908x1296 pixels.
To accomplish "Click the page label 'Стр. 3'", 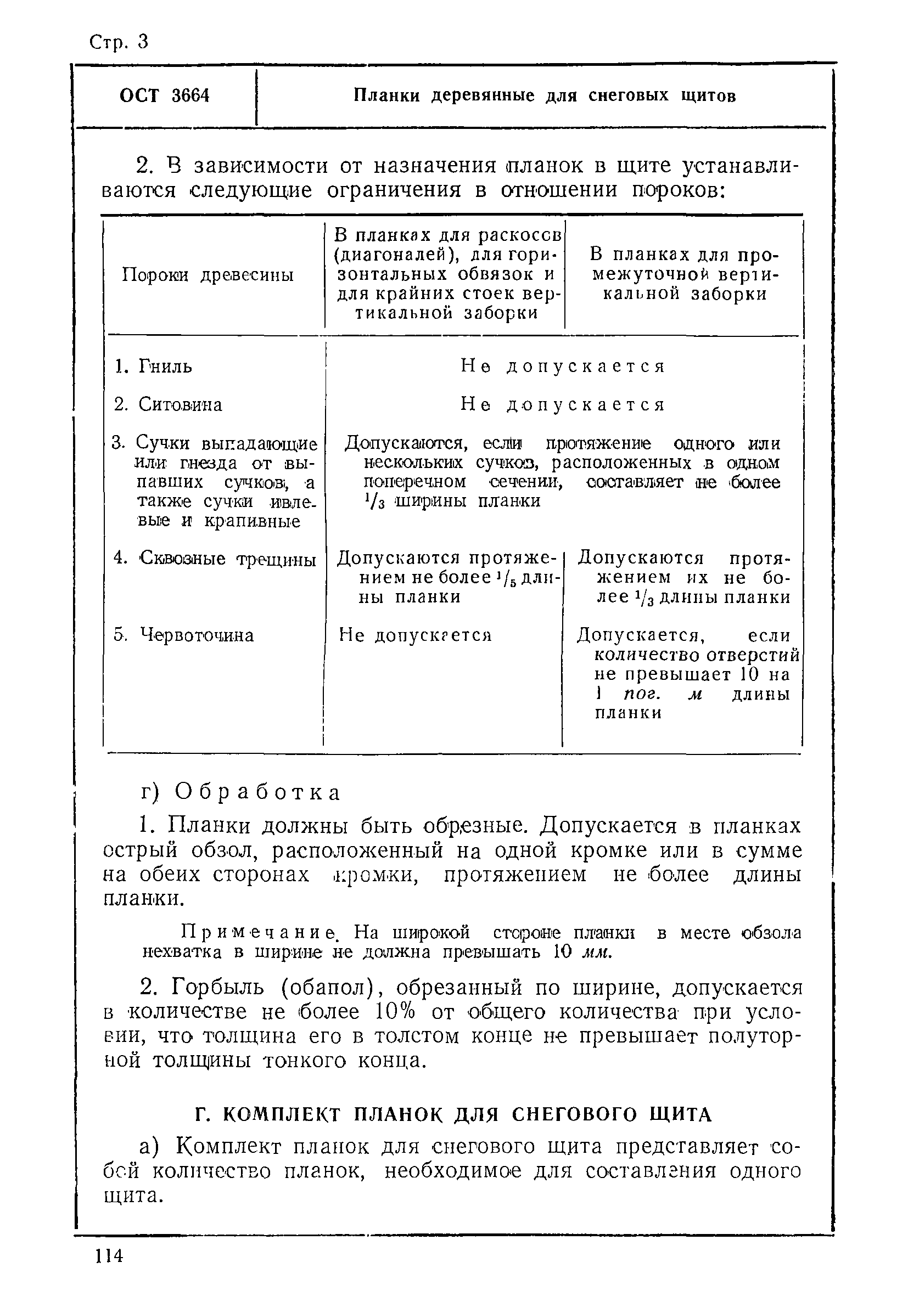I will pyautogui.click(x=119, y=42).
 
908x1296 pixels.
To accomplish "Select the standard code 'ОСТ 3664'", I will pyautogui.click(x=164, y=96).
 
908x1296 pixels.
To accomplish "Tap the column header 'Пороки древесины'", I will pyautogui.click(x=209, y=275).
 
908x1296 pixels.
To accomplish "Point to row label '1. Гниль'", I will pyautogui.click(x=153, y=367).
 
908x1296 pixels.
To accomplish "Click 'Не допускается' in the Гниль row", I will pyautogui.click(x=563, y=367).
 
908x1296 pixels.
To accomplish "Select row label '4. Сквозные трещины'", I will pyautogui.click(x=215, y=559).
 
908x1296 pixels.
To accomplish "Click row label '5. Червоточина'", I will pyautogui.click(x=183, y=635).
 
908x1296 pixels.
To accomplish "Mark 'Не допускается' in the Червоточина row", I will pyautogui.click(x=416, y=635).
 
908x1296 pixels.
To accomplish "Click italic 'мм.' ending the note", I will pyautogui.click(x=597, y=954).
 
